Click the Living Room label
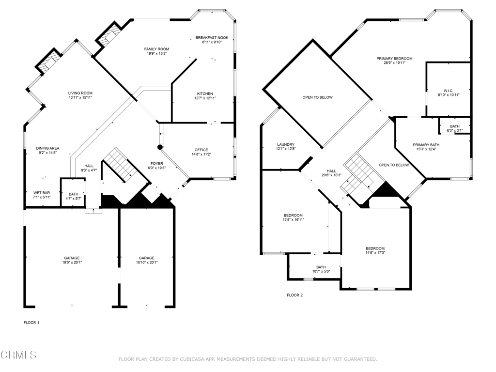click(80, 93)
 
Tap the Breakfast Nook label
click(212, 37)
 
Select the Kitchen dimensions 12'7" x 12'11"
click(204, 99)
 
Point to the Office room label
click(201, 150)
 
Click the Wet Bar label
click(42, 193)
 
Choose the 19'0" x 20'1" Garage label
click(72, 258)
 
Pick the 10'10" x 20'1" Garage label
click(146, 258)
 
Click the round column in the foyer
click(160, 146)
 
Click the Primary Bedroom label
click(394, 59)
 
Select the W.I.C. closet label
click(448, 90)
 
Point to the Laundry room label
click(285, 144)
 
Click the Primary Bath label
click(426, 145)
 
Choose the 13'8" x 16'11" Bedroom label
click(293, 215)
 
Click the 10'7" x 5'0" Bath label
click(321, 267)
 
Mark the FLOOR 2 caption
click(294, 295)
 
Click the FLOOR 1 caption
click(31, 322)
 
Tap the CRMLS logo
click(18, 355)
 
